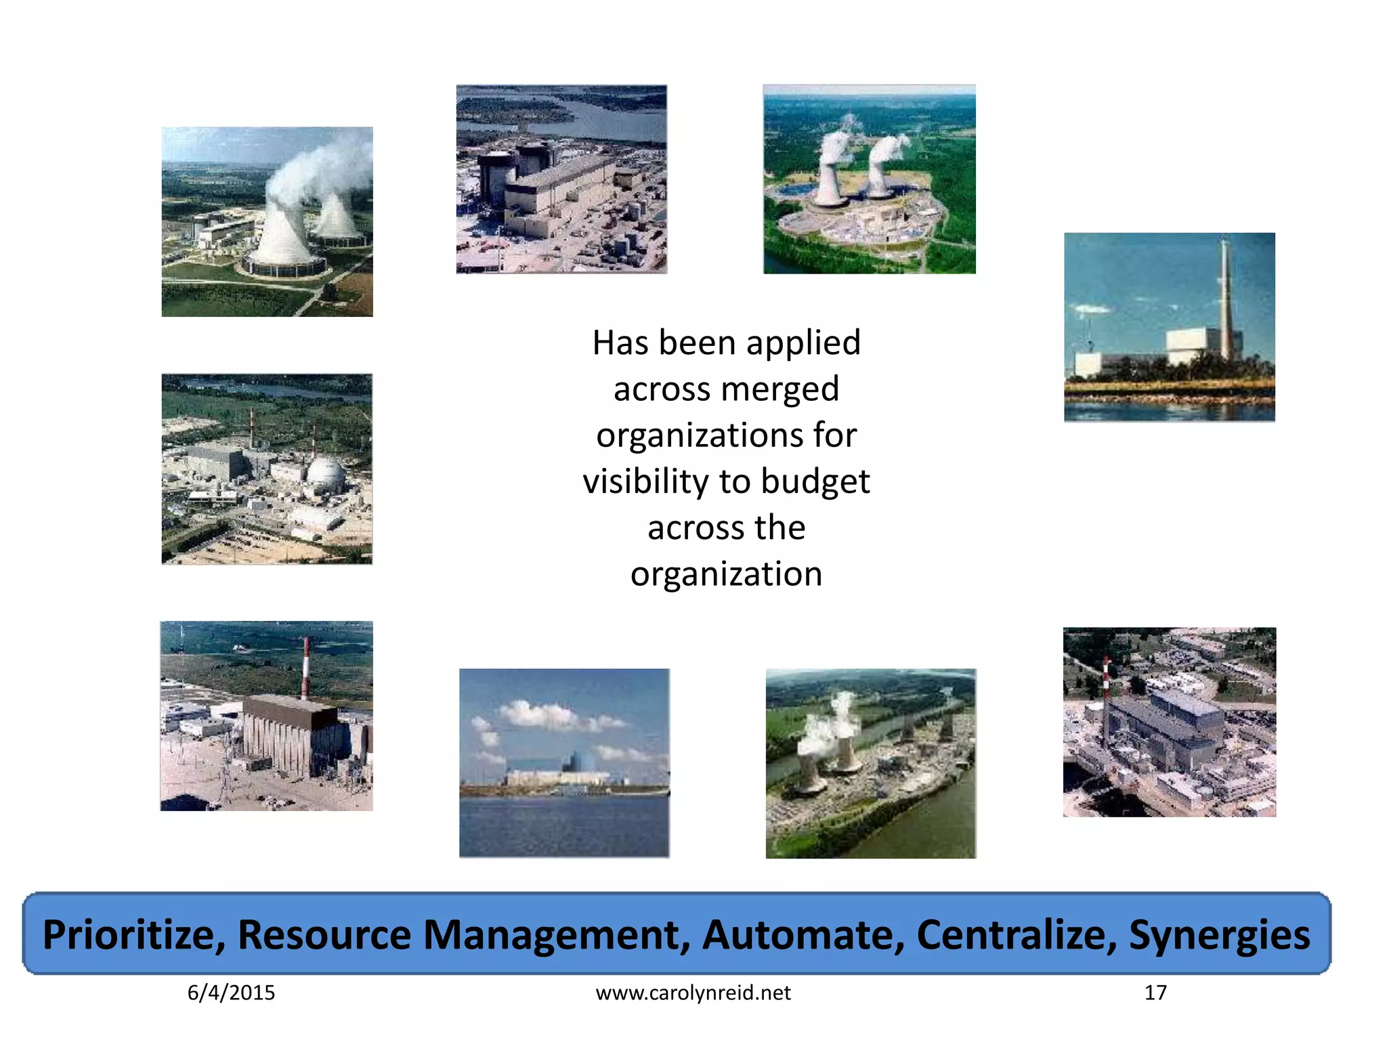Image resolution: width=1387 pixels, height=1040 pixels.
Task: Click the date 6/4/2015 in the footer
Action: [231, 993]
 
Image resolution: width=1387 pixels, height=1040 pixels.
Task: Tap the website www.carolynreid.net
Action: [693, 993]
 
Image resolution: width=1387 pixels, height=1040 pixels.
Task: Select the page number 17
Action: [1155, 993]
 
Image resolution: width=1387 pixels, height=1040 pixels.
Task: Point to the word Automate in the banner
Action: [803, 935]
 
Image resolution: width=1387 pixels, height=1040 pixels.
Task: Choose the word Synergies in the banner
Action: [1218, 935]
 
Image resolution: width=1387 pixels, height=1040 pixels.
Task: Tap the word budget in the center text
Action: [815, 482]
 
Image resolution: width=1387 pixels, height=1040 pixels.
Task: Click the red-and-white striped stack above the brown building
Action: [306, 667]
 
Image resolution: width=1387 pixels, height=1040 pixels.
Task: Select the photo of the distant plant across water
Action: [564, 763]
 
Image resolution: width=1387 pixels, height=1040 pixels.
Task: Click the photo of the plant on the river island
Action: [870, 763]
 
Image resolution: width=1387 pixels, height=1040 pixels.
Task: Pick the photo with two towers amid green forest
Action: [869, 179]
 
